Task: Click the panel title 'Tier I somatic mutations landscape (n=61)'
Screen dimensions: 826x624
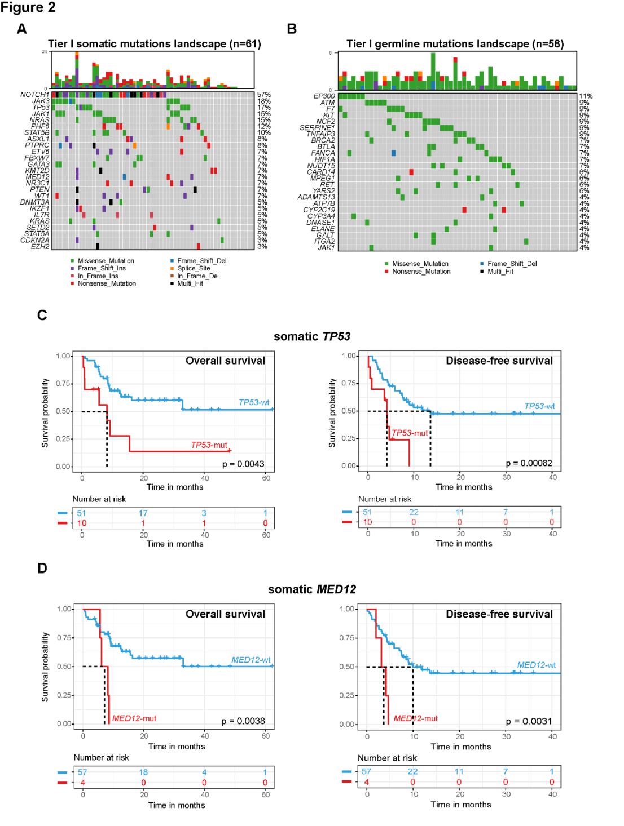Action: coord(154,44)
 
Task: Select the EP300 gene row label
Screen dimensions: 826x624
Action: coord(324,96)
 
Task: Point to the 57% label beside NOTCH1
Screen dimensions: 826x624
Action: coord(264,95)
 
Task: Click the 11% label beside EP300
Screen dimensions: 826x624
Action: coord(586,96)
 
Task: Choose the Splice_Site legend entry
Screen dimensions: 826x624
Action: coord(194,269)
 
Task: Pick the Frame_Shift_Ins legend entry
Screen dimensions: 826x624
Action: coord(102,269)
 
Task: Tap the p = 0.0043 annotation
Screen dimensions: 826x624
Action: coord(243,464)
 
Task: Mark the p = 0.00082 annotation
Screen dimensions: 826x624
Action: coord(529,463)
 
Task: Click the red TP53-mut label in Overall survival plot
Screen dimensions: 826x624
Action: coord(209,445)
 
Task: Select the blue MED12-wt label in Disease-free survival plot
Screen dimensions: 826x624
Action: coord(536,665)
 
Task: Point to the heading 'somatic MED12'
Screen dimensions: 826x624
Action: coord(312,589)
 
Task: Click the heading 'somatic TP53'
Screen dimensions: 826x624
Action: coord(312,336)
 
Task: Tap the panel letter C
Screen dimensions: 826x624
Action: coord(42,316)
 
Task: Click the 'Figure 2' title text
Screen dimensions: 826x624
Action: coord(28,7)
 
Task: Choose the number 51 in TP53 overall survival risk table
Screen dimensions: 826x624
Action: coord(82,513)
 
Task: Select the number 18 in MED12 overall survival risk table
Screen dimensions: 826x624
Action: coord(143,772)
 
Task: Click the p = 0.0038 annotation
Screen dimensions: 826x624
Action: coord(243,721)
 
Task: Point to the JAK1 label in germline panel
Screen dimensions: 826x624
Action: coord(326,247)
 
